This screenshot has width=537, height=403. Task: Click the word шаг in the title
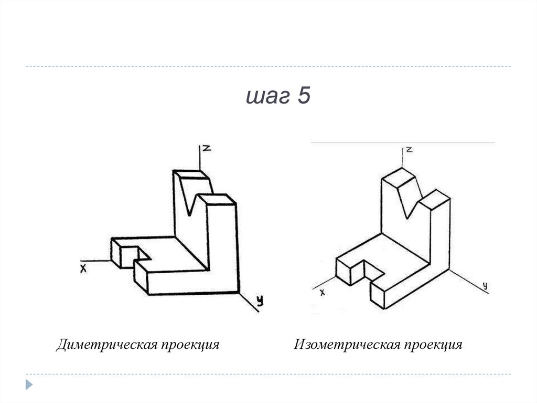coord(268,98)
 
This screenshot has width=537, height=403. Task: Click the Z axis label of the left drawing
coord(207,149)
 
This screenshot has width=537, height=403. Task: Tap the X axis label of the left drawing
coord(83,268)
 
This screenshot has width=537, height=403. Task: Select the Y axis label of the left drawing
coord(259,301)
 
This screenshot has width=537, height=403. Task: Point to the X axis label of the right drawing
coord(323,292)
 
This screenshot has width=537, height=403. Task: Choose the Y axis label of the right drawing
coord(485,285)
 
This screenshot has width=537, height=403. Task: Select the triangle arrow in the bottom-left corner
coord(29,384)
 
